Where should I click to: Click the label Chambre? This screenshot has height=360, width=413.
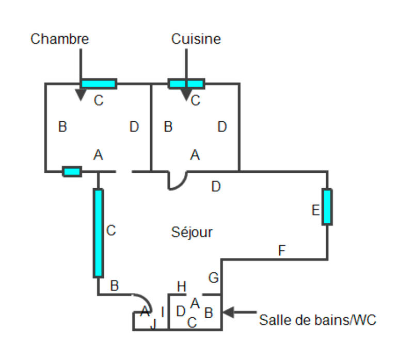(x=59, y=39)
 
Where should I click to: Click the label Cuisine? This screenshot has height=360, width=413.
(x=196, y=39)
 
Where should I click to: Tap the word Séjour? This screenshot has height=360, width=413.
(x=192, y=233)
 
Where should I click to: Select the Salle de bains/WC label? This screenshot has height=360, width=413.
(x=317, y=320)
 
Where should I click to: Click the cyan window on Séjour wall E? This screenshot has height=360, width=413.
(x=327, y=207)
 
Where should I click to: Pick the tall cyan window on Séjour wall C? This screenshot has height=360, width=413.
(x=98, y=233)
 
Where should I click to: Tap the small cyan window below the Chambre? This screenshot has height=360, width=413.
(x=72, y=172)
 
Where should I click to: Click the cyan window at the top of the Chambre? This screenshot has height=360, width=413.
(x=99, y=84)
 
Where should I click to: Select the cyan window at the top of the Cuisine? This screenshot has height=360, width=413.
(x=186, y=84)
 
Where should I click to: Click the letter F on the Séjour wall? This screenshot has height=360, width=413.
(x=281, y=251)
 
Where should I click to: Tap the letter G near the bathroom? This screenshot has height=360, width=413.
(x=213, y=277)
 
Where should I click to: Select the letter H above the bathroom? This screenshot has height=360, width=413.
(x=181, y=286)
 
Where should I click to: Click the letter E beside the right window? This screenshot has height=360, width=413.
(x=315, y=210)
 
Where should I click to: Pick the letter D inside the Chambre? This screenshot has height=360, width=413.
(x=134, y=127)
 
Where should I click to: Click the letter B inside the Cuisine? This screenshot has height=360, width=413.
(x=168, y=127)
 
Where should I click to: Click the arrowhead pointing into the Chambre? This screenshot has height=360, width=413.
(x=81, y=95)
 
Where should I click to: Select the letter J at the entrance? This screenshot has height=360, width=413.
(x=152, y=324)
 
